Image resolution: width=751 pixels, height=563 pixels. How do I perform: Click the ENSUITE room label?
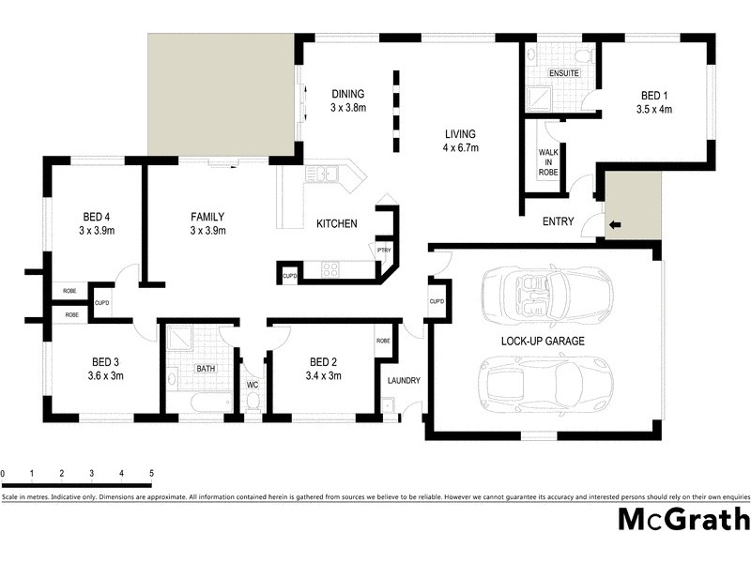click(563, 73)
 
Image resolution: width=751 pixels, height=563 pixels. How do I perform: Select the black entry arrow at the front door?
click(615, 225)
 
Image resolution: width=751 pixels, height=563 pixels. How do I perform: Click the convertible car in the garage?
click(545, 293)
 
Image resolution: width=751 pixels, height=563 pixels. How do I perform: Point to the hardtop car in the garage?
click(545, 384)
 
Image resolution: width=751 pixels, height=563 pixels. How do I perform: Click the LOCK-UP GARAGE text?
click(543, 342)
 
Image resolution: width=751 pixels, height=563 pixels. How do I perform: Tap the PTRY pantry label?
click(383, 251)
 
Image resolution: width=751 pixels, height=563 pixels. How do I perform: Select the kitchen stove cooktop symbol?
click(330, 270)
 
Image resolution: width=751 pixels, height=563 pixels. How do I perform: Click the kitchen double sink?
click(322, 173)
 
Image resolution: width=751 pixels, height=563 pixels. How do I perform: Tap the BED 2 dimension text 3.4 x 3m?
click(324, 375)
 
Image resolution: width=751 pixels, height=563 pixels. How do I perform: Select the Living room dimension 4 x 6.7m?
click(461, 147)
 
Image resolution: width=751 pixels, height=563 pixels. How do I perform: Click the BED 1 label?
click(655, 96)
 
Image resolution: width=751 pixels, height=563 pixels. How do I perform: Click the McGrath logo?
click(682, 519)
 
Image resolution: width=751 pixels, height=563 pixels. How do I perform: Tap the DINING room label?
click(347, 94)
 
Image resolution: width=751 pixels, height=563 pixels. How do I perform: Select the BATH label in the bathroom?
click(205, 369)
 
